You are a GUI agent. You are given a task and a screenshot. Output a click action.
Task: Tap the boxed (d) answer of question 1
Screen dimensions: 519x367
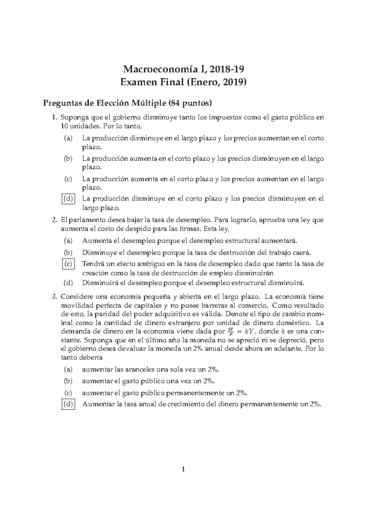point(68,199)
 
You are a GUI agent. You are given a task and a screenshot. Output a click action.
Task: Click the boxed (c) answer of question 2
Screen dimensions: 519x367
point(68,263)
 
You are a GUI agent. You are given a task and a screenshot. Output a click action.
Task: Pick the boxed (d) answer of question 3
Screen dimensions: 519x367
point(68,404)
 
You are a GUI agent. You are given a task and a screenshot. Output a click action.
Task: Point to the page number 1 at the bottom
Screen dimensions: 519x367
point(183,478)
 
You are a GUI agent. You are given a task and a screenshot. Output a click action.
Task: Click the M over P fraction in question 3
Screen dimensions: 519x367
point(230,331)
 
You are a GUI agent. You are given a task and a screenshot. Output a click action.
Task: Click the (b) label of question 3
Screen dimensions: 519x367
point(68,381)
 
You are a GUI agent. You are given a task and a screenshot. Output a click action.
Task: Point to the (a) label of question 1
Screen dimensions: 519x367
point(68,138)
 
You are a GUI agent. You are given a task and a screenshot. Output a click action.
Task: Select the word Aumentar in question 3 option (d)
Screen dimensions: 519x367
point(98,404)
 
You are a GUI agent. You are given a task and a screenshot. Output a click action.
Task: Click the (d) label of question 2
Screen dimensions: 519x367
point(68,283)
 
